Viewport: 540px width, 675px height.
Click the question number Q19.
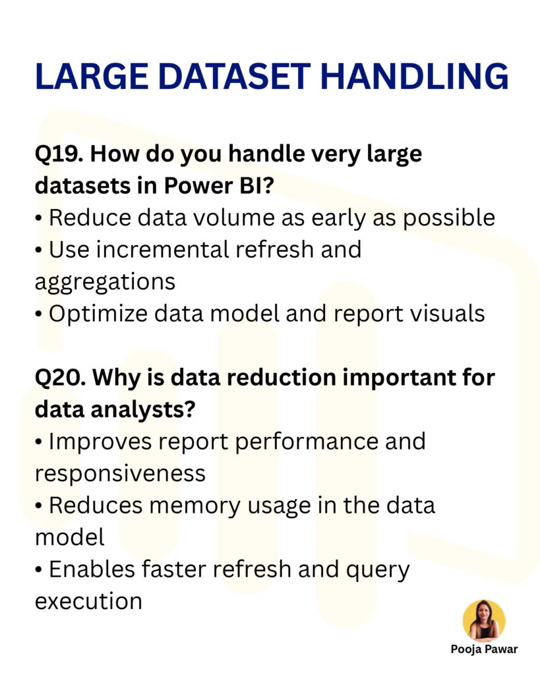tap(57, 155)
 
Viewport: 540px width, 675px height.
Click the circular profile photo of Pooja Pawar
tap(484, 620)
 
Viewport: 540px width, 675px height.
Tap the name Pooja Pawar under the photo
tap(484, 649)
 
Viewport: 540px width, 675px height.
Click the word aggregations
tap(105, 282)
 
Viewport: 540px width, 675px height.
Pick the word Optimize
tap(98, 314)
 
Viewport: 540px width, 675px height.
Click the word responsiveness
tap(120, 473)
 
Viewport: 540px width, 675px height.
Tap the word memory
tap(197, 506)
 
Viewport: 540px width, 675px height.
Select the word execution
tap(88, 601)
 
